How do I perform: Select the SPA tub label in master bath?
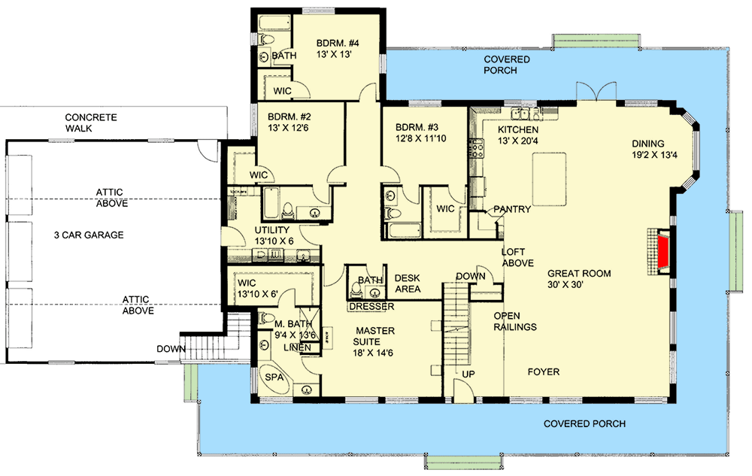click(274, 377)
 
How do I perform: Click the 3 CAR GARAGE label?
click(89, 235)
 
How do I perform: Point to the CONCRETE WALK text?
click(91, 123)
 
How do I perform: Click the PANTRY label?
click(512, 210)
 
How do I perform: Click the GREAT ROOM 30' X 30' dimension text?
click(578, 286)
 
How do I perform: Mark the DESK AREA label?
click(407, 283)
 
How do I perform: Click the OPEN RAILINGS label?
click(515, 321)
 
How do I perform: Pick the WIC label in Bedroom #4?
click(282, 90)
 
